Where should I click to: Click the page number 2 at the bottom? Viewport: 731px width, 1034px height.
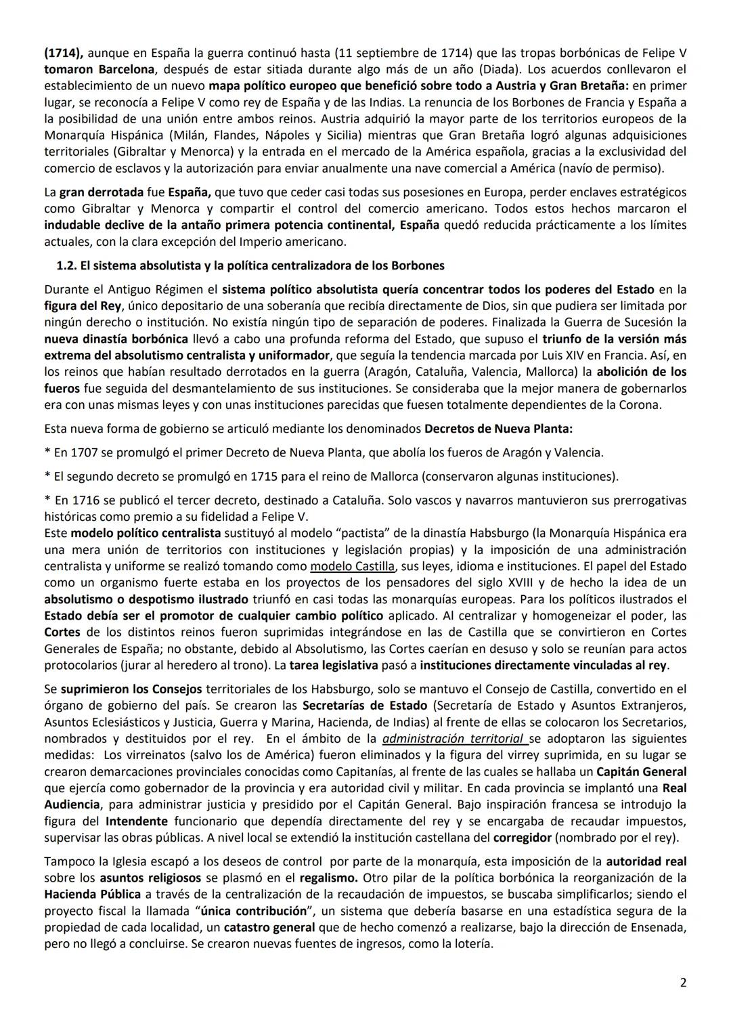[x=683, y=983]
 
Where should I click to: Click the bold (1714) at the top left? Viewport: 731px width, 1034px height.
[x=64, y=53]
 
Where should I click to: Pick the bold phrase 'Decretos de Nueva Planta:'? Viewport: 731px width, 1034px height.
[x=498, y=429]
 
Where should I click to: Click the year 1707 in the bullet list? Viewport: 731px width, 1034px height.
[x=84, y=452]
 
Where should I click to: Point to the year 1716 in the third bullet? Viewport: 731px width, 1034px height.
[x=84, y=500]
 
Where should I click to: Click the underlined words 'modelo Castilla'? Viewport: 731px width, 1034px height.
[x=352, y=566]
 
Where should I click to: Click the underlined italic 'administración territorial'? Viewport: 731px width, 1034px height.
[x=453, y=739]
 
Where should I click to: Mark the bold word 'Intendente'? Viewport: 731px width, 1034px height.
[x=137, y=821]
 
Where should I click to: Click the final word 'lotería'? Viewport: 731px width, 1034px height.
[x=472, y=944]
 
